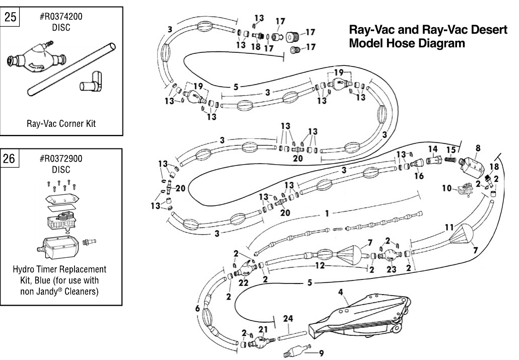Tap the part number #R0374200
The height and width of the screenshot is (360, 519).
(x=61, y=17)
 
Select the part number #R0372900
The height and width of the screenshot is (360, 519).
(x=61, y=159)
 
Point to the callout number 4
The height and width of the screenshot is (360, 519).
(x=341, y=292)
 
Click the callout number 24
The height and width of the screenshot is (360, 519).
(x=287, y=318)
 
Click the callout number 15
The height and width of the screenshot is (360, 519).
(x=451, y=150)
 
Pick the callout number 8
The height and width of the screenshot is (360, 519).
(x=478, y=148)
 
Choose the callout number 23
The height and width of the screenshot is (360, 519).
(x=392, y=269)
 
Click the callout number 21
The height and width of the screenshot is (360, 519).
(x=262, y=329)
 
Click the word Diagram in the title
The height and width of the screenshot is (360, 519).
(x=444, y=44)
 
